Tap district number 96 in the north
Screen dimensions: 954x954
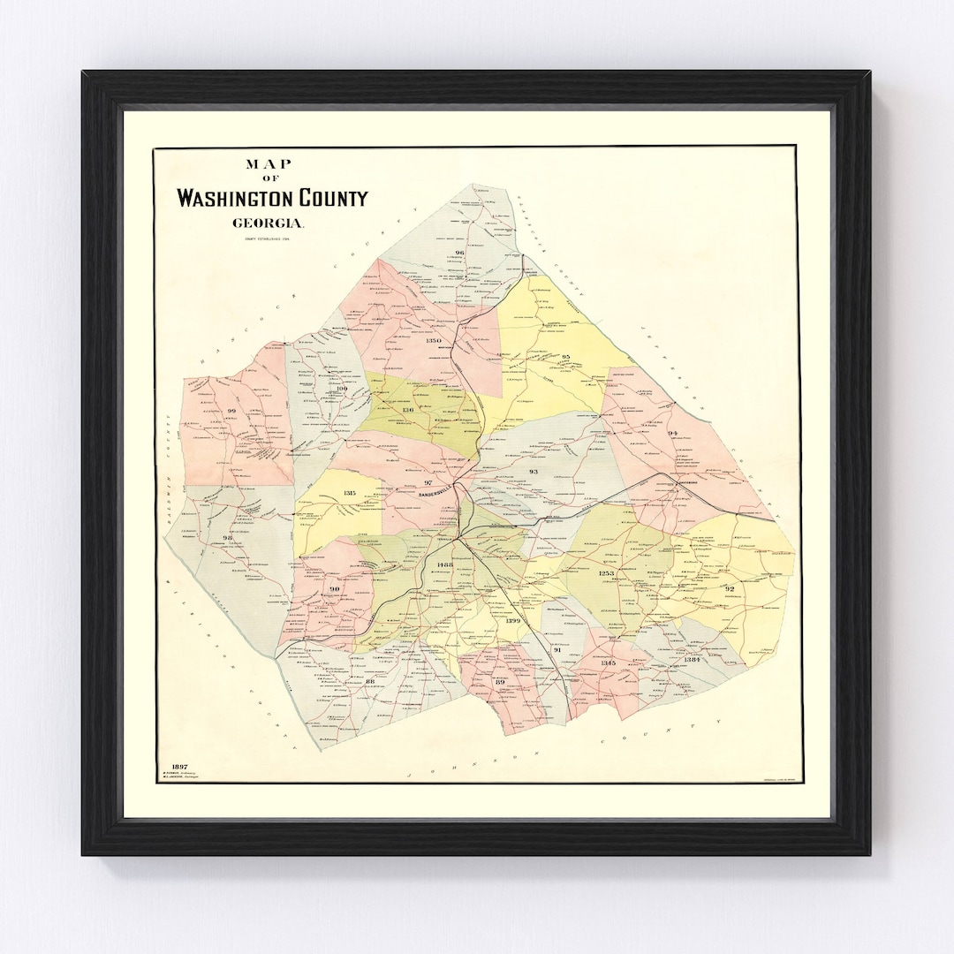pos(459,254)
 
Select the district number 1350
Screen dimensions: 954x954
pos(434,340)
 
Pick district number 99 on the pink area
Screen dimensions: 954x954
pos(231,412)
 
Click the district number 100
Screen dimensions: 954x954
pos(343,389)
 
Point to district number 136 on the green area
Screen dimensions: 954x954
pos(407,410)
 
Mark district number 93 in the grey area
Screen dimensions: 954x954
pos(533,473)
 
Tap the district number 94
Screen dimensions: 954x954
pos(672,433)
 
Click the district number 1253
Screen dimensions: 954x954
pos(607,574)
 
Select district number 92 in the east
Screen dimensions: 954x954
pos(730,588)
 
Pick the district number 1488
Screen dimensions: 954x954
pos(444,564)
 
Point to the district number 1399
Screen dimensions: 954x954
pos(514,621)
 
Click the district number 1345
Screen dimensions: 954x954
pos(608,663)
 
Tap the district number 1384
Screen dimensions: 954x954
pos(692,660)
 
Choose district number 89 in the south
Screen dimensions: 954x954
pos(500,683)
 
